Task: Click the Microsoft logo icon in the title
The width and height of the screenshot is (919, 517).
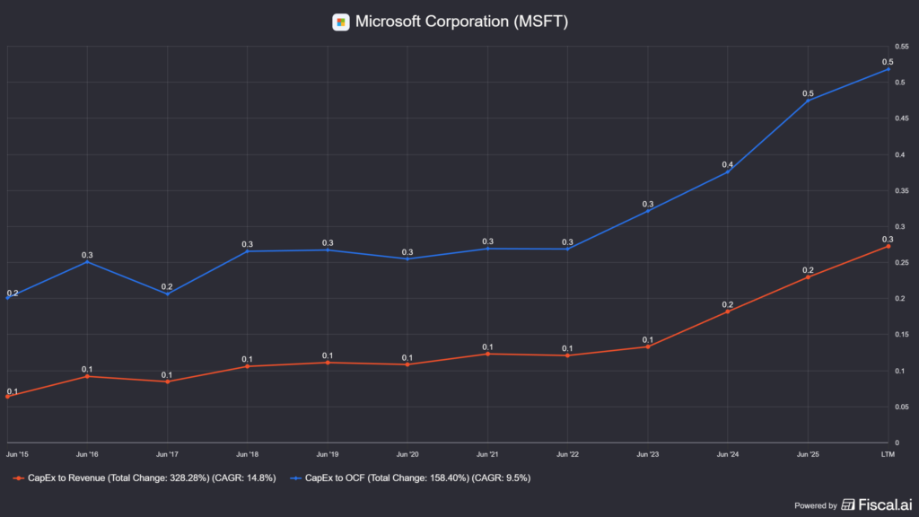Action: click(341, 22)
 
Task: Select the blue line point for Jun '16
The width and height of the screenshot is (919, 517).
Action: click(88, 262)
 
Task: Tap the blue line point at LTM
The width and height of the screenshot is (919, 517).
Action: click(888, 69)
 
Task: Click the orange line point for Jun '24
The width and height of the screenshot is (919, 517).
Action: click(728, 311)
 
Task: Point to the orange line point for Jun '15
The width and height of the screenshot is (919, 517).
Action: click(8, 396)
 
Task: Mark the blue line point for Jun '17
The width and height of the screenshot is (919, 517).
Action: click(168, 294)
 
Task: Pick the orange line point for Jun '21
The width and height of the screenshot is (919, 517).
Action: click(487, 354)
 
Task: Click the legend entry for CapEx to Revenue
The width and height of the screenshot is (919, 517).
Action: click(144, 478)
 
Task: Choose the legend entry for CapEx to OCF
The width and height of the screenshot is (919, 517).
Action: click(414, 478)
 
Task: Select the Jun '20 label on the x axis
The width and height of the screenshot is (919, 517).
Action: click(407, 454)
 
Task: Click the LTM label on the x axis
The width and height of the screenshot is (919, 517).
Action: click(888, 454)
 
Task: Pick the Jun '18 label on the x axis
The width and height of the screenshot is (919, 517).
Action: click(248, 454)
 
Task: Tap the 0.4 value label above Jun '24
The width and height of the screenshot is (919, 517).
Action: click(728, 165)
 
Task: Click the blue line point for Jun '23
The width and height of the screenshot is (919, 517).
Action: click(648, 211)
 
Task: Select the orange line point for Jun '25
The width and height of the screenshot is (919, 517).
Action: click(808, 276)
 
